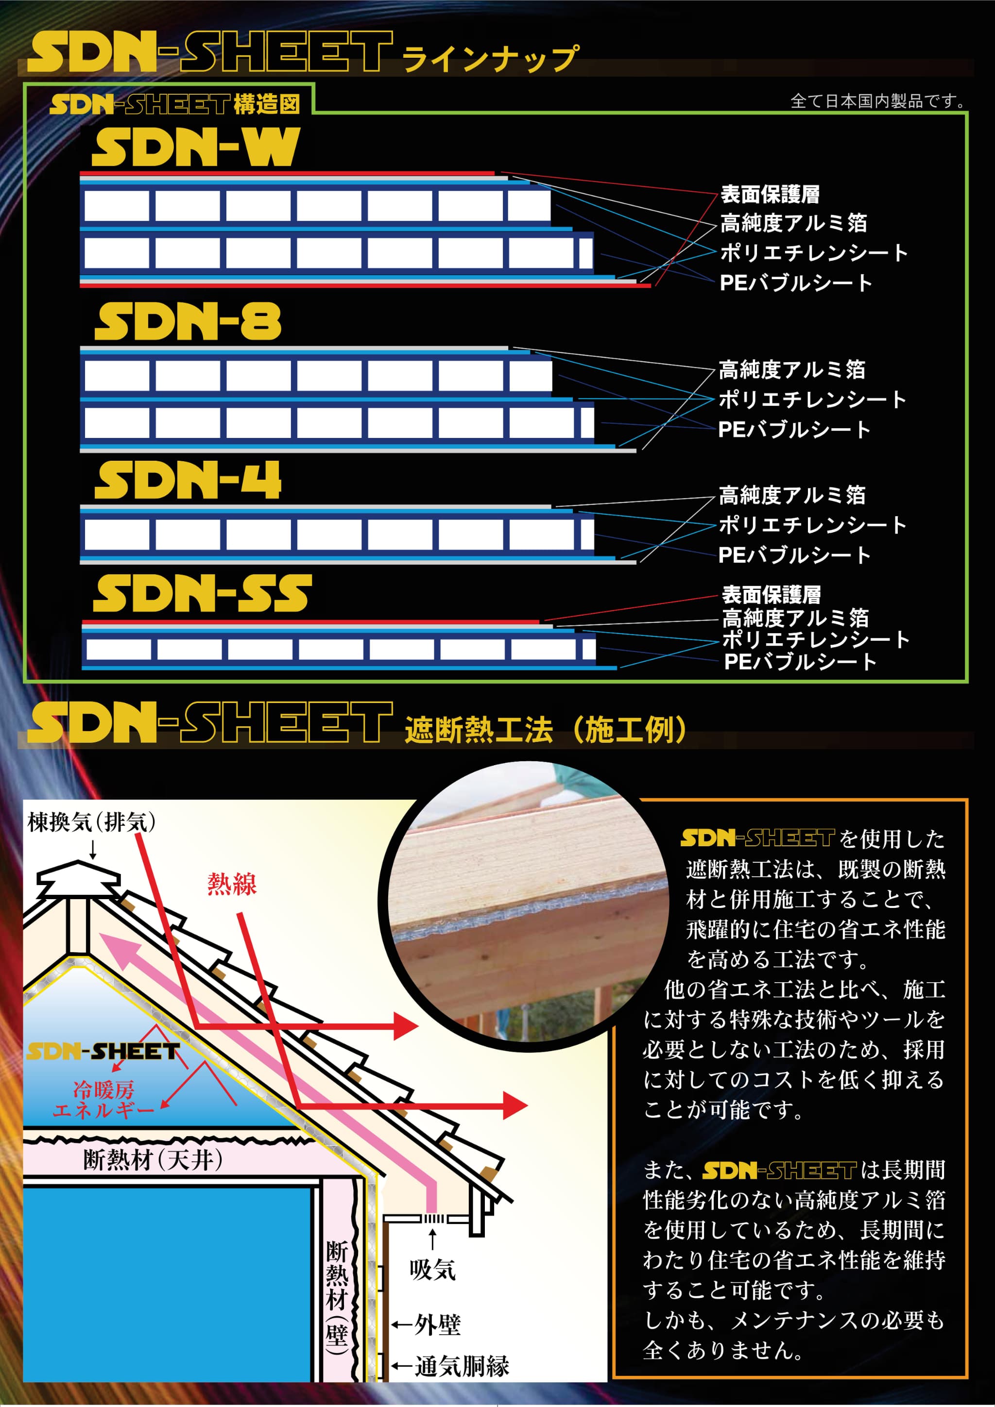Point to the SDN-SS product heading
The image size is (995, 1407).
coord(202,593)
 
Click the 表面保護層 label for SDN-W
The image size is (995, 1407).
coord(770,194)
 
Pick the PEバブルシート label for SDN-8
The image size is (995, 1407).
coord(794,429)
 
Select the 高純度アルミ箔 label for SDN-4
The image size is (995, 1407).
coord(792,495)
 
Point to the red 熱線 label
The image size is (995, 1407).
coord(232,884)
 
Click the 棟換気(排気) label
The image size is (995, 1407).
coord(91,822)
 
